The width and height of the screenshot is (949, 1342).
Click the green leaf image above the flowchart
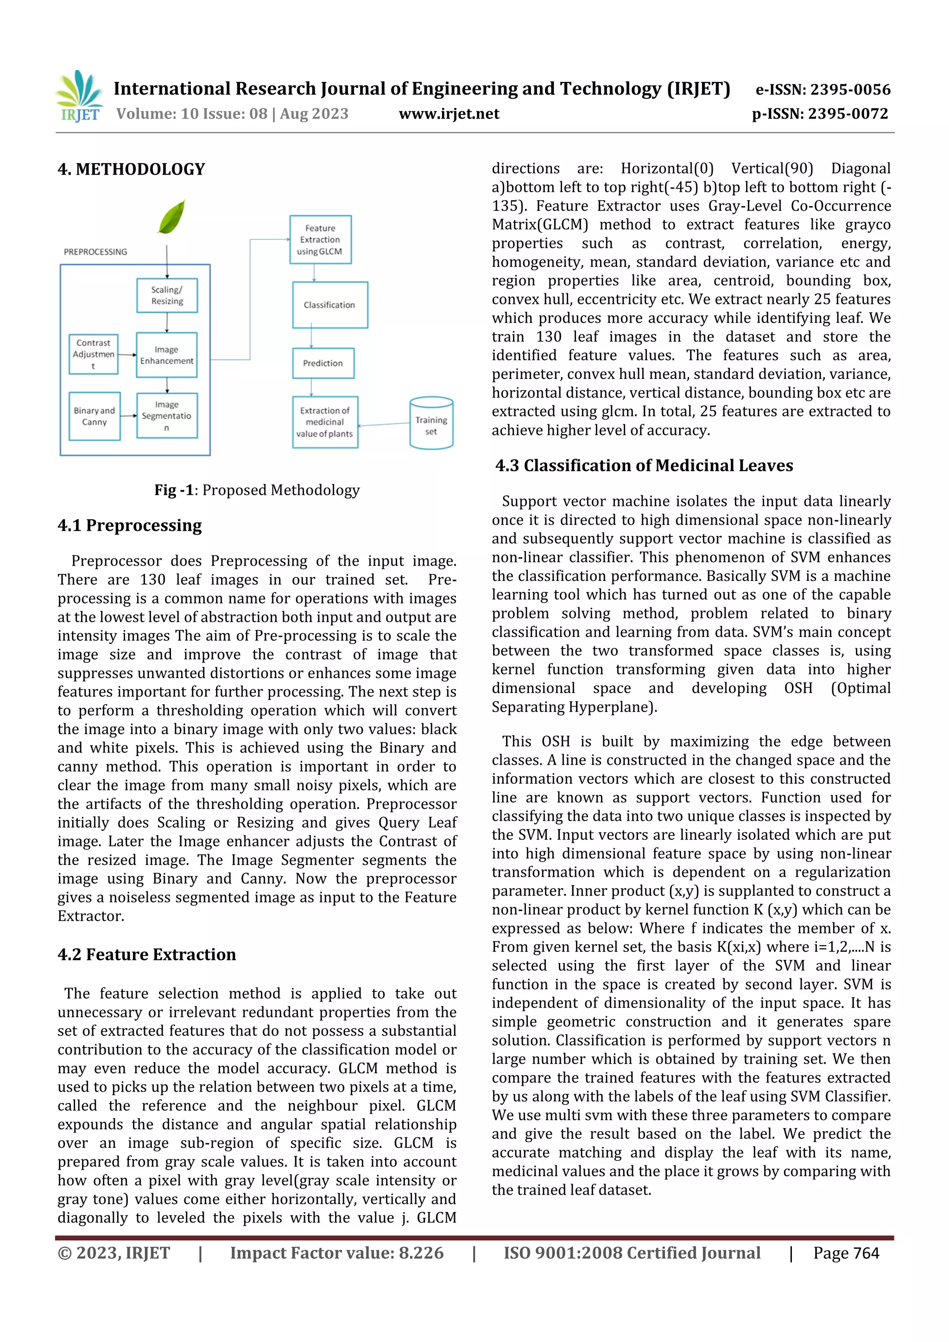coord(171,216)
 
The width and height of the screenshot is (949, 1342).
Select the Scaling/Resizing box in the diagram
coord(167,295)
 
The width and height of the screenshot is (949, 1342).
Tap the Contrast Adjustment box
coord(94,354)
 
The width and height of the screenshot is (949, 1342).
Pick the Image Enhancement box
coord(167,355)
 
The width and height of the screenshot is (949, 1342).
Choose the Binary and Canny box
coord(94,416)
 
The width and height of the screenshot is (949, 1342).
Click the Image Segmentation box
coord(167,416)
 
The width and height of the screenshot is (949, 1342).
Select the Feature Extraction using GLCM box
coord(320,239)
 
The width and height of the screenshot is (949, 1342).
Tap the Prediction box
coord(323,363)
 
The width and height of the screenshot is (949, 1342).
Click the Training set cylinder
coord(431,424)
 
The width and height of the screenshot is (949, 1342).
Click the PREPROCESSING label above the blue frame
coord(95,252)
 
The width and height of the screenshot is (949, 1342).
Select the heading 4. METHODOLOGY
coord(132,170)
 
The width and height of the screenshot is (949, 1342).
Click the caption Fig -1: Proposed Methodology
coord(257,490)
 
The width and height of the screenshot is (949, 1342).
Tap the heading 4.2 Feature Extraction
coord(147,954)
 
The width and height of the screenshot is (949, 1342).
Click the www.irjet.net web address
coord(449,113)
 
